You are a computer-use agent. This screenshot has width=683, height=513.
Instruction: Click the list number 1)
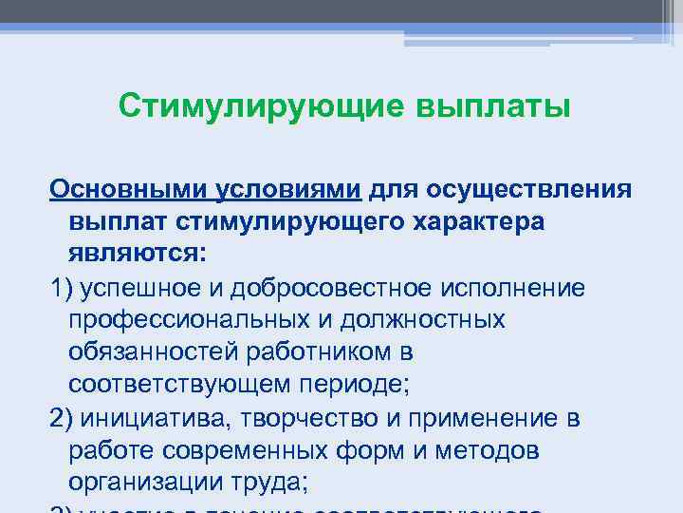[x=62, y=287]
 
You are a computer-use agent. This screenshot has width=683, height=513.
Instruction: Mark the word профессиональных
[x=177, y=320]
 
